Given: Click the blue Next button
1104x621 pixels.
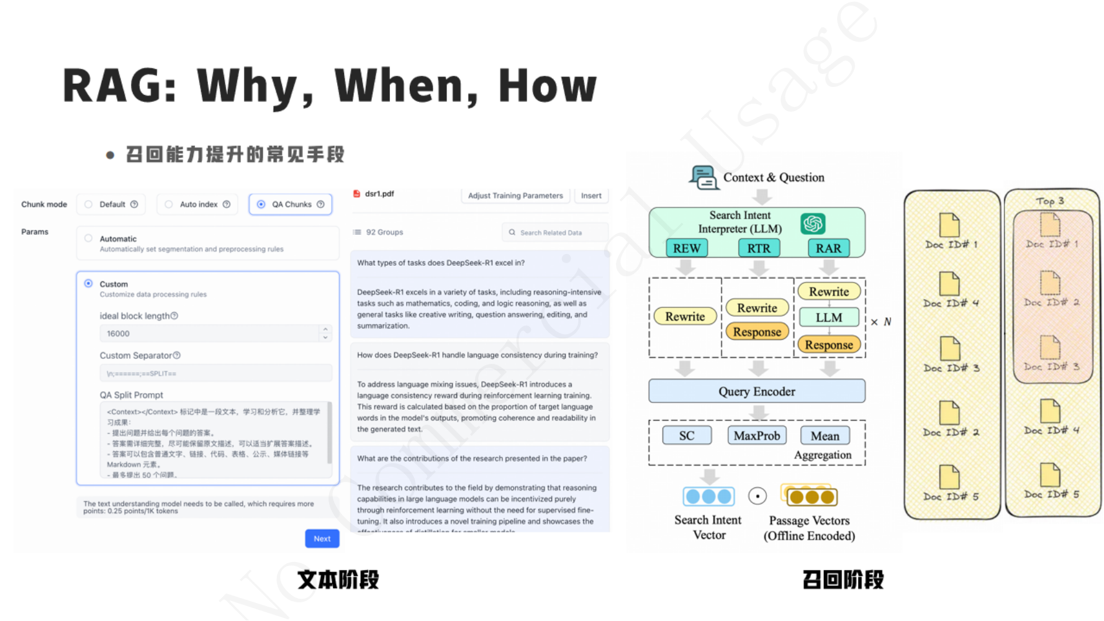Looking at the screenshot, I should coord(322,538).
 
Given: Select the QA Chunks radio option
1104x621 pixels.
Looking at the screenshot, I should coord(261,204).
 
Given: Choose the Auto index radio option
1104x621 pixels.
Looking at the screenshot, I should coord(169,204).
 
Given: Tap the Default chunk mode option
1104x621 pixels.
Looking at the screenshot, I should coord(89,204).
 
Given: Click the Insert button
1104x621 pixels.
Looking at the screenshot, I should coord(590,196).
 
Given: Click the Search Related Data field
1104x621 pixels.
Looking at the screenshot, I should coord(554,233).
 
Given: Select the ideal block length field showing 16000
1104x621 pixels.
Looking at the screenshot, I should coord(211,333).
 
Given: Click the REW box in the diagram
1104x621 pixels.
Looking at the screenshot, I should coord(687,248).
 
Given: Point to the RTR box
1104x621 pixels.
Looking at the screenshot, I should coord(758,248).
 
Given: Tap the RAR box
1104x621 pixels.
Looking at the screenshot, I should coord(828,248).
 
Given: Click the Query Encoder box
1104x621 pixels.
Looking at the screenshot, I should coord(756,391).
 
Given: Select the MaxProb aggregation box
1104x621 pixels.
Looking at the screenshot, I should coord(756,436).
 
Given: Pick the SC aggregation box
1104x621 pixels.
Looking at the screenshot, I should coord(687,436).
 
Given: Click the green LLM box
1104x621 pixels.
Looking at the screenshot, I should coord(828,317).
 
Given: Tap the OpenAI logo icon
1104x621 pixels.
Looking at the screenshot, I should coord(812,224).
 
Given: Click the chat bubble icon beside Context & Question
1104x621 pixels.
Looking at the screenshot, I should coord(704,178).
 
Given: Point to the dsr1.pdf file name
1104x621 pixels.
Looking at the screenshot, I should coord(379,194).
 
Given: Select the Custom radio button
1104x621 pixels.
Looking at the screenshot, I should coord(89,284).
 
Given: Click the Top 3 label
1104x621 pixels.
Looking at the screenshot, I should coord(1050,201).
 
